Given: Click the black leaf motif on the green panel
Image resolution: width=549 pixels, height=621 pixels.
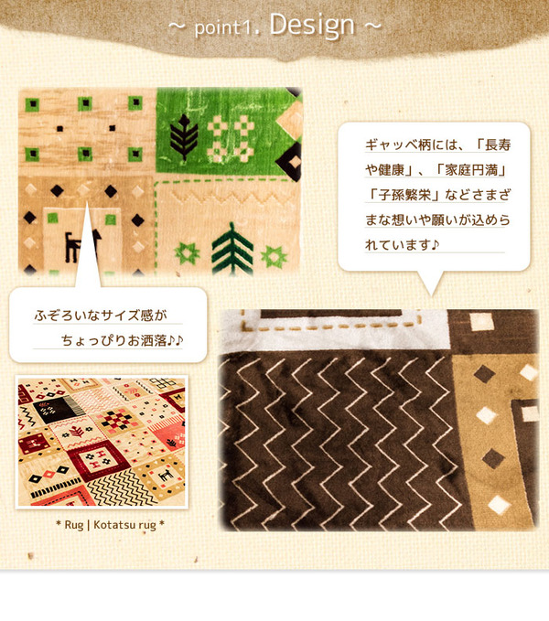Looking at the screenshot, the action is click(184, 137).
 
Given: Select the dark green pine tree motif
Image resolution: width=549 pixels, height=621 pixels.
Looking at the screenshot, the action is click(232, 249).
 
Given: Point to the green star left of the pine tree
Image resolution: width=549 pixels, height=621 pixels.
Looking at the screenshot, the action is click(188, 253).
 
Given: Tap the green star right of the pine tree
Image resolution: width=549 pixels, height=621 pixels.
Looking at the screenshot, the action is click(274, 257).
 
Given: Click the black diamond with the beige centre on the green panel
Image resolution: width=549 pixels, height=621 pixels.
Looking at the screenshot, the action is click(289, 161).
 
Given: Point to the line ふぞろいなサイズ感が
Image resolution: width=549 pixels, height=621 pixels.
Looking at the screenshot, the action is click(101, 316).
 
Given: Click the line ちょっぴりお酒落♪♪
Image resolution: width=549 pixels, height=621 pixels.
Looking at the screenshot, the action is click(122, 340).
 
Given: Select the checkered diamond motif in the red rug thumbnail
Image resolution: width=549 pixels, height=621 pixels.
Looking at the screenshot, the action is click(116, 422).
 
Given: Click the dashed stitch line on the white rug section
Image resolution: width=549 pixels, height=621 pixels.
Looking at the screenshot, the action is click(329, 327).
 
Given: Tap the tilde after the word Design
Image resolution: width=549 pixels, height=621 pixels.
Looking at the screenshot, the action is click(372, 27).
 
